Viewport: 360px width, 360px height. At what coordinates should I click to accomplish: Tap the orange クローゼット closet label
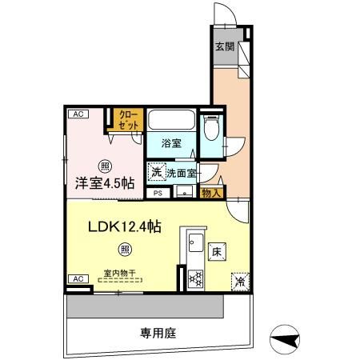point(127,120)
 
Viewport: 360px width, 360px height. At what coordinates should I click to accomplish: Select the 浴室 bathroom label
point(171,144)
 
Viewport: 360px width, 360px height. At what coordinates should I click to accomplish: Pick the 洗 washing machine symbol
point(156,171)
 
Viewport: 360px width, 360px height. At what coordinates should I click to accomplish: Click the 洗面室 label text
point(182,172)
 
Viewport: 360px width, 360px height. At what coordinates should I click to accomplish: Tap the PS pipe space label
point(158,193)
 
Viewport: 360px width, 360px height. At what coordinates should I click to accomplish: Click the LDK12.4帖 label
point(124,226)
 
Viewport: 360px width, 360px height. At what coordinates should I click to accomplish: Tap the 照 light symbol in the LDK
point(125,249)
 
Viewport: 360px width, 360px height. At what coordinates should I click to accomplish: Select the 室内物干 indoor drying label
point(119,273)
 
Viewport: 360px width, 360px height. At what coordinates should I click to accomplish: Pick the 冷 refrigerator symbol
point(239,281)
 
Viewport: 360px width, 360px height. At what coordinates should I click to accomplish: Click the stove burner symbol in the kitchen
point(194,279)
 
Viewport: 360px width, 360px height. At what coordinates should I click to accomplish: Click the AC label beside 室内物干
point(78,278)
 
